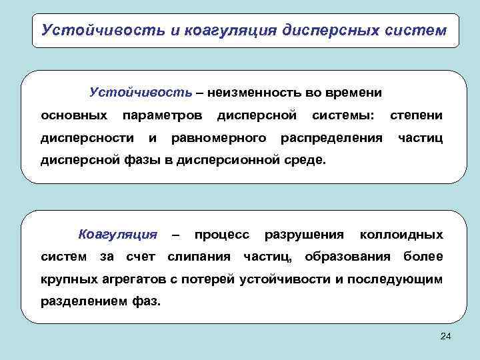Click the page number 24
tap(446, 339)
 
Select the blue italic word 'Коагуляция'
tap(118, 235)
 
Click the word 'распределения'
tap(332, 138)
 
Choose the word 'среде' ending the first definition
tap(308, 161)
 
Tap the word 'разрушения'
tap(304, 235)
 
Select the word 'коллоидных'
tap(401, 235)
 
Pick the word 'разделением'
tap(80, 301)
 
